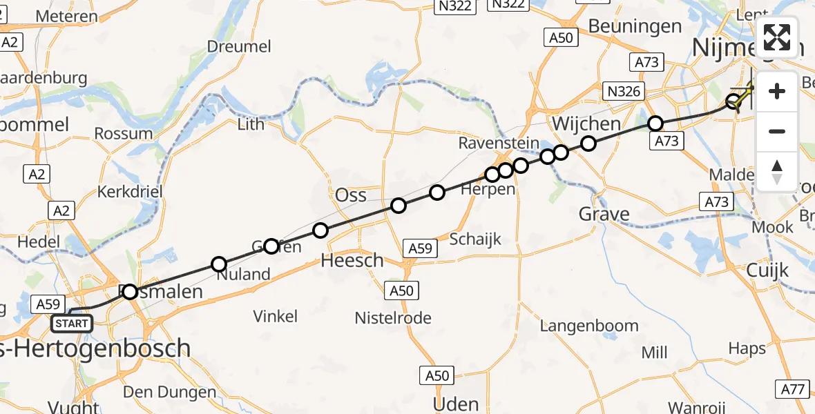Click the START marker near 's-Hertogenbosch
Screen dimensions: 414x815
[x=71, y=322]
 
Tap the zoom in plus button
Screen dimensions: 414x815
[x=777, y=92]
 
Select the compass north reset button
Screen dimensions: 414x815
[x=777, y=170]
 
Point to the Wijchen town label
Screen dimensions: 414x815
[x=586, y=124]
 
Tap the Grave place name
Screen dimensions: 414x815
[x=604, y=214]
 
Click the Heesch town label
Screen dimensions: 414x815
[x=352, y=260]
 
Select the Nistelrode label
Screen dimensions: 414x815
[x=393, y=318]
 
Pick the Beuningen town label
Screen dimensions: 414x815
[x=635, y=26]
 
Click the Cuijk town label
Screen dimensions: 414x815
[x=767, y=270]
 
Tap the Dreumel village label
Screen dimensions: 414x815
[x=239, y=46]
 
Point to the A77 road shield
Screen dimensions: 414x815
[x=793, y=389]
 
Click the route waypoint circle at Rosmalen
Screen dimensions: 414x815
[x=130, y=292]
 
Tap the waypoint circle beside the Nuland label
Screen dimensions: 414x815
[x=219, y=264]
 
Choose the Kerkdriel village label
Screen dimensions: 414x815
[x=130, y=190]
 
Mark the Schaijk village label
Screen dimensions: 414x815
[x=474, y=239]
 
